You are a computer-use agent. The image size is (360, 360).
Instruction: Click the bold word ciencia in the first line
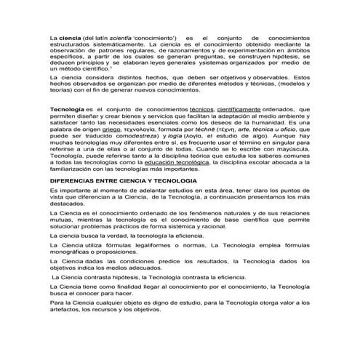coord(71,36)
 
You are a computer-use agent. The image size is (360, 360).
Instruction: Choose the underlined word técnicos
coord(204,107)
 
